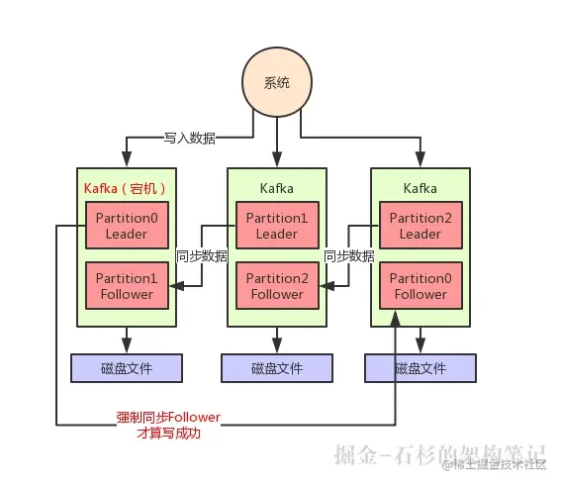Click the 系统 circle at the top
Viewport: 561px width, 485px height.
(277, 82)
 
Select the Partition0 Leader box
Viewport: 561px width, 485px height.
(127, 225)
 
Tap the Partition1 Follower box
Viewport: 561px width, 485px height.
(127, 286)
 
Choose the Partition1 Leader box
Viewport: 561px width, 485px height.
(277, 225)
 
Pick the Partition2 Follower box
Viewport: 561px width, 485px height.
(277, 286)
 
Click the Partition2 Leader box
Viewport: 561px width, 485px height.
(421, 225)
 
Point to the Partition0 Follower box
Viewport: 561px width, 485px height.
(421, 286)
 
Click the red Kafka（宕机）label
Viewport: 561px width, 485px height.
(125, 189)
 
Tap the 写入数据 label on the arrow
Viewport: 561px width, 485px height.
(190, 138)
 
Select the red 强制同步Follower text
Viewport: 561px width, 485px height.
(168, 418)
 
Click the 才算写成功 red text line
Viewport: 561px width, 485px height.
(168, 434)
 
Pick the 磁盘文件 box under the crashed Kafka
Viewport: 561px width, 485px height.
(127, 368)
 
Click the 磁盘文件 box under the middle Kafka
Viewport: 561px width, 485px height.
(277, 368)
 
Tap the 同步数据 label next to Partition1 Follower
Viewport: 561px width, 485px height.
(202, 256)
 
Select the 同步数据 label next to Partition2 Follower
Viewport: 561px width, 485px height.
(349, 256)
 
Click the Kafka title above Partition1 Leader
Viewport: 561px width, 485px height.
(277, 189)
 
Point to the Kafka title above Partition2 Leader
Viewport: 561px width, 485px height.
(421, 189)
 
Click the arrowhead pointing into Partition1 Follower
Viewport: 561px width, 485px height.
(176, 286)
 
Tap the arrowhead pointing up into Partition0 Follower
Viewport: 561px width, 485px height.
(396, 319)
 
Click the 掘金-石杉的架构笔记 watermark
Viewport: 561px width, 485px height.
(439, 454)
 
